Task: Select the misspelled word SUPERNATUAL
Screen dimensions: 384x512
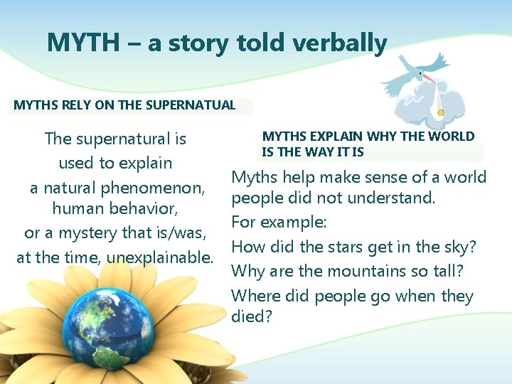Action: click(190, 105)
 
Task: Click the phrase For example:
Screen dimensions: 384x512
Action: click(279, 223)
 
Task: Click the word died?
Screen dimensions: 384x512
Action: click(252, 316)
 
